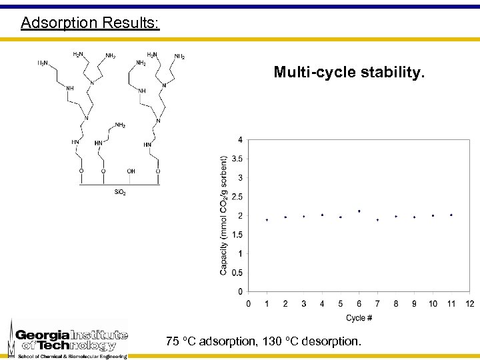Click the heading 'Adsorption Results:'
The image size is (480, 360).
click(x=90, y=23)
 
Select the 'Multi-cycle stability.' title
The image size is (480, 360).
click(x=348, y=71)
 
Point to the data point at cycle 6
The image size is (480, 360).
click(x=359, y=211)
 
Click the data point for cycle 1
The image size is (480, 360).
click(x=267, y=219)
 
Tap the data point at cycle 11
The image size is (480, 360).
click(x=451, y=215)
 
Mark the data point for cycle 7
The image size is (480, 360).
click(x=377, y=219)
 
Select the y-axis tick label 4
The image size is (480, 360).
click(x=240, y=140)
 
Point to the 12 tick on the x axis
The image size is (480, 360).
click(x=469, y=304)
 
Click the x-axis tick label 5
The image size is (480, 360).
click(x=341, y=304)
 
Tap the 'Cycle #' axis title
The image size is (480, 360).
click(x=359, y=318)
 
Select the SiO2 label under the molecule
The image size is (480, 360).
click(x=120, y=193)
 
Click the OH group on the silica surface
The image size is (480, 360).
click(x=131, y=171)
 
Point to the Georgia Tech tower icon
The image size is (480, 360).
click(x=11, y=337)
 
